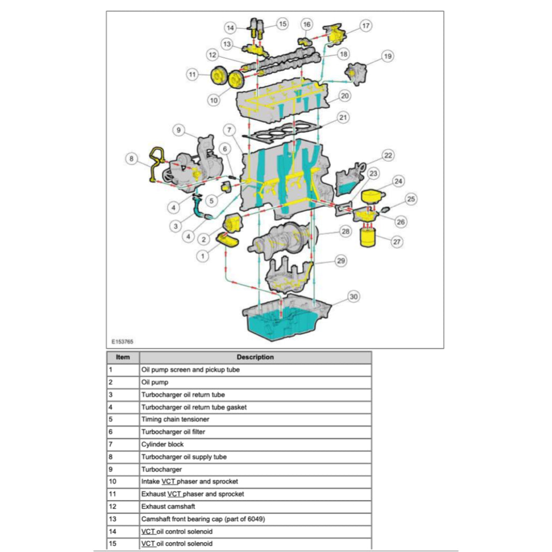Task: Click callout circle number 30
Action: pos(354,296)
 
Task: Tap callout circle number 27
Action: pos(397,242)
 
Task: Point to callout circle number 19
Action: pos(387,56)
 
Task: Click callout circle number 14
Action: pos(231,27)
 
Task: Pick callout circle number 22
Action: pos(388,156)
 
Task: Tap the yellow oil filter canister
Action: pos(369,237)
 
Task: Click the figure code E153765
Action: pos(122,341)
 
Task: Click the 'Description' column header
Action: pos(255,357)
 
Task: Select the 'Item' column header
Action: pos(123,357)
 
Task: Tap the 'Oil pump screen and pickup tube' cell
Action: pos(190,370)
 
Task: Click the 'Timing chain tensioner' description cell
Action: pos(175,419)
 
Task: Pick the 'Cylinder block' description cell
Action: pos(162,444)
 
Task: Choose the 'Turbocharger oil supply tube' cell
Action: pos(184,457)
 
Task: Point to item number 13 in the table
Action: pos(113,519)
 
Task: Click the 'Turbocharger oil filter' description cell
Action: pos(173,432)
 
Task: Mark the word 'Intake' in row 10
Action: pos(150,481)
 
